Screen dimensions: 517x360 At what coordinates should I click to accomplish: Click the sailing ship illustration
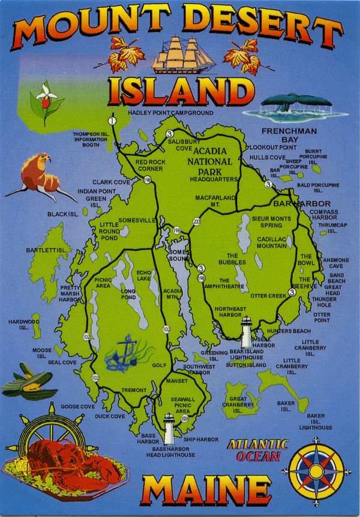pos(182,55)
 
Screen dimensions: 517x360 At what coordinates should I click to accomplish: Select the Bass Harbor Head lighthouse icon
pos(169,429)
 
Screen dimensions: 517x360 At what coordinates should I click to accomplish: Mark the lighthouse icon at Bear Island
pos(246,332)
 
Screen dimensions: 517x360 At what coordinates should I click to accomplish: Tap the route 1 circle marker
pos(112,121)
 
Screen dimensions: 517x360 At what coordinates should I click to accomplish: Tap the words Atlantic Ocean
pos(257,450)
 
